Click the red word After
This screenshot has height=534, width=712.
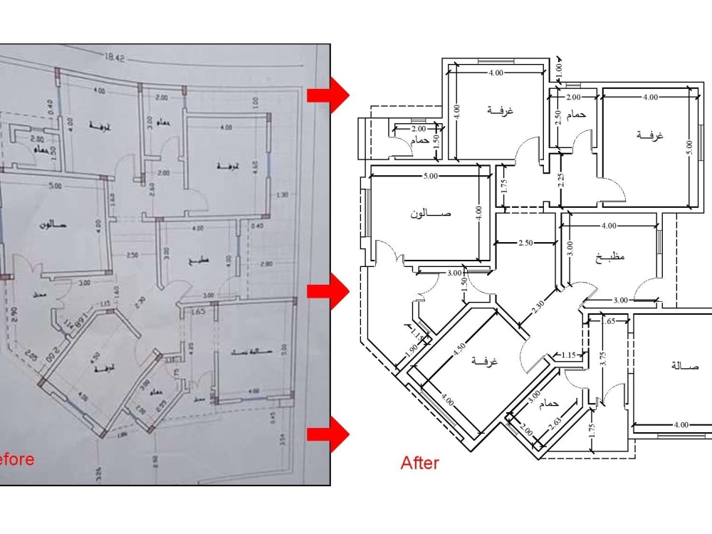tap(420, 464)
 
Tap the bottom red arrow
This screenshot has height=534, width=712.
tap(328, 434)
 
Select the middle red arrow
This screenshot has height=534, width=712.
tap(328, 290)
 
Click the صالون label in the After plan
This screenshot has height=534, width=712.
tap(431, 214)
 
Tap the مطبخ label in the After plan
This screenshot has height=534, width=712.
tap(610, 257)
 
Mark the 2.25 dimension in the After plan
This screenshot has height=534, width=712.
tap(562, 180)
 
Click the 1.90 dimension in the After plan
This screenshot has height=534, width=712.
tap(412, 350)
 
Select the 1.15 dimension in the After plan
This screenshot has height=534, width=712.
tap(568, 355)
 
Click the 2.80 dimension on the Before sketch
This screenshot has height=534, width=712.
tap(266, 263)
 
